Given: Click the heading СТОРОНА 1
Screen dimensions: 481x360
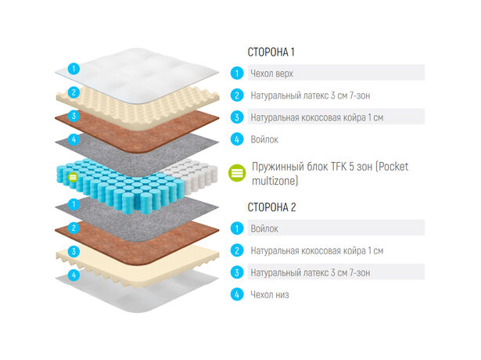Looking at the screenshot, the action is tap(271, 52).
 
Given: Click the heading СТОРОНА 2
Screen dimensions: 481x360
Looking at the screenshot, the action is tap(272, 207).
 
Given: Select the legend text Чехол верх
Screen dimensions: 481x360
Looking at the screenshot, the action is tap(272, 74).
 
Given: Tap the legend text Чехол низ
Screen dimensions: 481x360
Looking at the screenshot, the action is tap(270, 294).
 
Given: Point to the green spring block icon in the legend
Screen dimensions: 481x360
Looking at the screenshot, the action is tap(237, 173).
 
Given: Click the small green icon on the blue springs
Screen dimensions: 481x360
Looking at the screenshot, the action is tap(73, 177).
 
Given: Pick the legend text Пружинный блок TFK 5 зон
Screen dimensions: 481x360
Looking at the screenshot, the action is tap(312, 167).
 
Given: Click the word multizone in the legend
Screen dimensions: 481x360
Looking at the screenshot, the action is tap(275, 181).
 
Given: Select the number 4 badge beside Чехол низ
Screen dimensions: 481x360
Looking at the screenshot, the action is tap(237, 294).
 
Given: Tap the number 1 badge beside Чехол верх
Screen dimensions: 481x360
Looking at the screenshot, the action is tap(237, 74).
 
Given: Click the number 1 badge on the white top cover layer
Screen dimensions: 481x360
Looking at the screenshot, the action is tap(74, 68).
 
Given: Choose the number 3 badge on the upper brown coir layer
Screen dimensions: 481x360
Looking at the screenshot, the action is tap(74, 116).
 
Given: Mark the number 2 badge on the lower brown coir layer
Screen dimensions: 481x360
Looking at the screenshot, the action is tap(74, 228).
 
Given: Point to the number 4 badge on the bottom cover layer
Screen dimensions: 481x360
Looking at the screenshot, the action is tap(74, 275).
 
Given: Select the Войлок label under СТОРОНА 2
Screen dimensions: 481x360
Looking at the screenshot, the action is tap(264, 229).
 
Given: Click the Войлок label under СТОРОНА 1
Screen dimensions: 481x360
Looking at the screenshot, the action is tap(264, 139).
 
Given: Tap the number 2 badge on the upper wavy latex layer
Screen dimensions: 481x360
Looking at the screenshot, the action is tap(74, 92).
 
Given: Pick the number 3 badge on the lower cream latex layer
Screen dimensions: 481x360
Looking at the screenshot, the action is tap(74, 251).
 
